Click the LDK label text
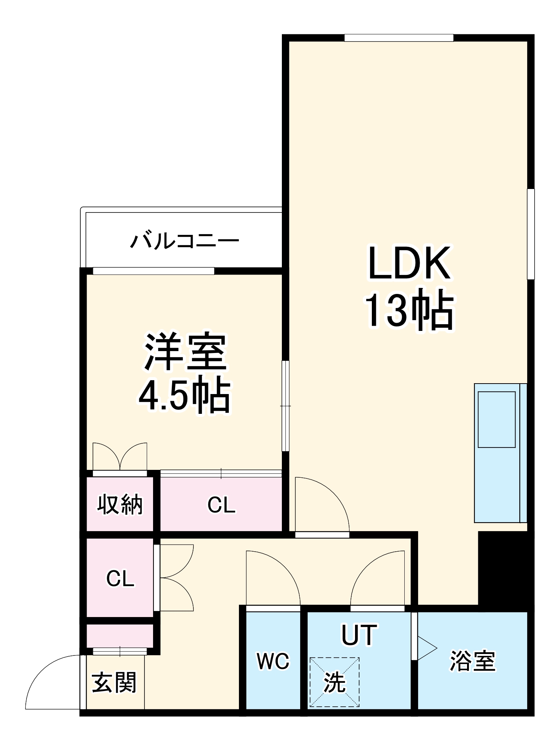click(x=409, y=263)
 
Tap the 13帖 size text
click(x=409, y=309)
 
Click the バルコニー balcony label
click(x=184, y=241)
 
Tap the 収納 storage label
click(x=120, y=504)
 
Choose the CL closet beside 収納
click(x=221, y=505)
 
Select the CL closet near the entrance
click(x=120, y=579)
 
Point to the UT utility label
click(x=359, y=635)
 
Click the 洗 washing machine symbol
click(x=335, y=682)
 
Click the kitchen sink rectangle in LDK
click(x=497, y=419)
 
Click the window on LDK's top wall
click(x=398, y=38)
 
